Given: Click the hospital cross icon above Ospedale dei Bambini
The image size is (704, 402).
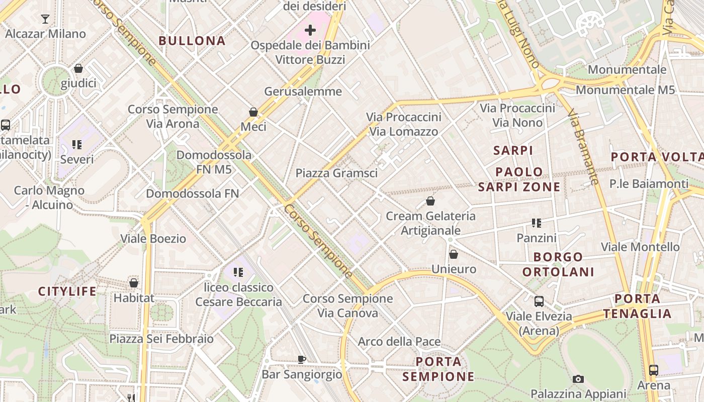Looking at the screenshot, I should coord(310,30).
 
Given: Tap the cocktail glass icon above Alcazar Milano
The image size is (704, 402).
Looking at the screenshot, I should coord(45,19).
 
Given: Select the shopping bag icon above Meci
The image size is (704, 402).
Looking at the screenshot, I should coord(253,112).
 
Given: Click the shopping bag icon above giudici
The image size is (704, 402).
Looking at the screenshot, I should coord(78,68).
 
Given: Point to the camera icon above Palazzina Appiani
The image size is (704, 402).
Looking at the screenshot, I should coord(578,379).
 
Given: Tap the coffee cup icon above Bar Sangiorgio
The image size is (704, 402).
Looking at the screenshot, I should coord(301,359).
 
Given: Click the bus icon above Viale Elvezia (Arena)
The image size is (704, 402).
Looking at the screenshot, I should coord(539,301).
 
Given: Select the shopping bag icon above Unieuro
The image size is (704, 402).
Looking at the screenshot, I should coord(454,254).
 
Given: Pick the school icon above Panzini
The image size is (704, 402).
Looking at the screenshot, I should coord(537,223).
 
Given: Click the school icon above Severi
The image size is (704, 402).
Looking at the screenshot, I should coord(77,145).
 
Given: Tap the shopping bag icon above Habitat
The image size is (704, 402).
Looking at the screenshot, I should coord(134,283).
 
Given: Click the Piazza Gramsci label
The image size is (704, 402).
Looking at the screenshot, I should coord(336,173).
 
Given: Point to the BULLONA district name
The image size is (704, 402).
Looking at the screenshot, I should coord(192,41).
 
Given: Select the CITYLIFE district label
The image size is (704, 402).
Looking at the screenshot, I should coord(67,291).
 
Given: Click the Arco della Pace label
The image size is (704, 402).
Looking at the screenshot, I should coord(399,342).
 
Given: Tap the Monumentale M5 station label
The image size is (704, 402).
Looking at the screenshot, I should coord(625,90).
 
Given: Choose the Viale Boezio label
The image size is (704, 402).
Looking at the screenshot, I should coord(153,239).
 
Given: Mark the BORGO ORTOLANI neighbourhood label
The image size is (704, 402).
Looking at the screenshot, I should coord(558,264).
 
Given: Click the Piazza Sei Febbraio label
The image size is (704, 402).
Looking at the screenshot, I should coord(161,339).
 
